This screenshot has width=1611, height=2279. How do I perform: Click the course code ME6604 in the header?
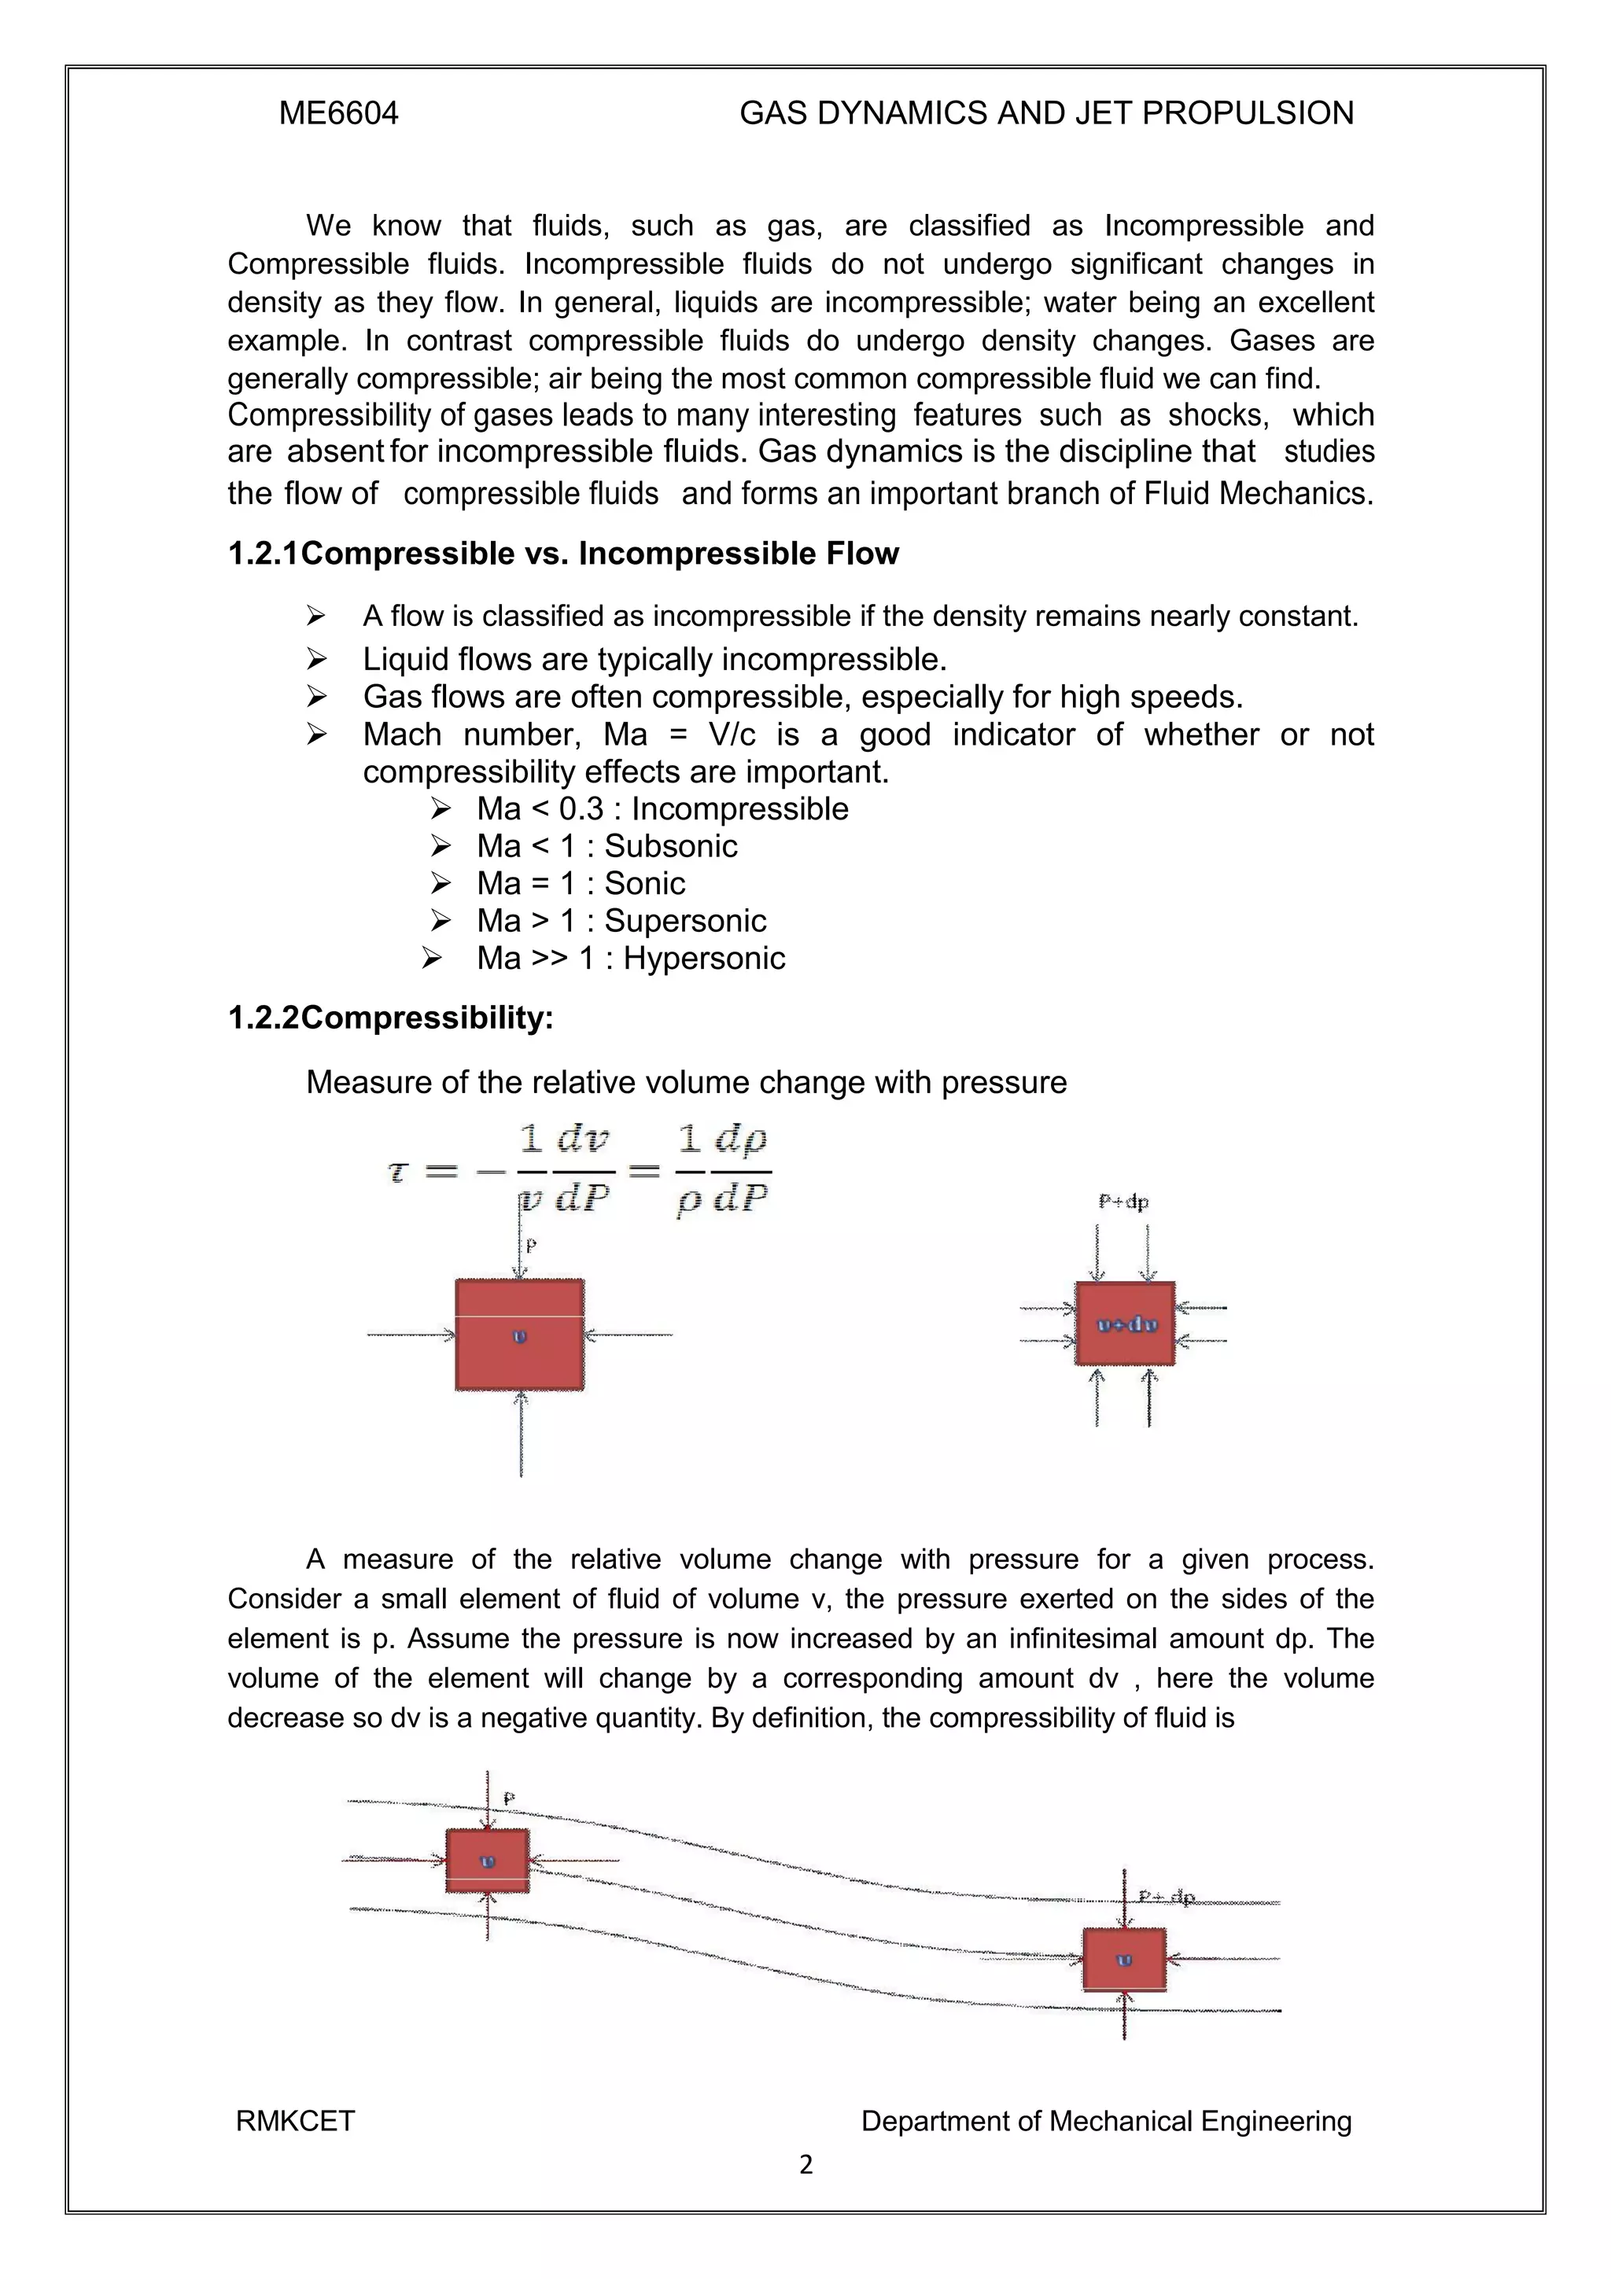pyautogui.click(x=338, y=113)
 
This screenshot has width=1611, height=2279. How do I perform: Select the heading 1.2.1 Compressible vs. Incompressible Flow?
pyautogui.click(x=562, y=554)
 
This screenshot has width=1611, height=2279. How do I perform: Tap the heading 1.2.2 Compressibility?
pyautogui.click(x=390, y=1018)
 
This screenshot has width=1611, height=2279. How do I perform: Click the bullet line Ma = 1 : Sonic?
pyautogui.click(x=580, y=883)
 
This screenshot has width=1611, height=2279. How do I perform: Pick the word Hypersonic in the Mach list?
pyautogui.click(x=704, y=958)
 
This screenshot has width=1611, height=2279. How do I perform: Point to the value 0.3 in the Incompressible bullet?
pyautogui.click(x=581, y=809)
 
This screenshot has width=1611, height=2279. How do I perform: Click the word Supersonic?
pyautogui.click(x=685, y=921)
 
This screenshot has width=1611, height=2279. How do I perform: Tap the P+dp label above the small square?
pyautogui.click(x=1123, y=1202)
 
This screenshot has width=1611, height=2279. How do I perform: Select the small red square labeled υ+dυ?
pyautogui.click(x=1125, y=1324)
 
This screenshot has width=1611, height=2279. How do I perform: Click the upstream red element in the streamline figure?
pyautogui.click(x=486, y=1861)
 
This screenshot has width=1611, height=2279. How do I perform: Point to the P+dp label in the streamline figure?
pyautogui.click(x=1167, y=1898)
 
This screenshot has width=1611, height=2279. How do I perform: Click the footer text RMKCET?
pyautogui.click(x=295, y=2121)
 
